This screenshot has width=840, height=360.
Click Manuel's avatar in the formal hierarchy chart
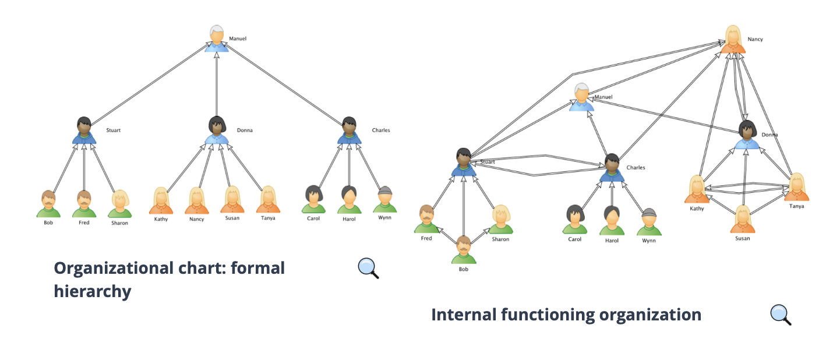(217, 38)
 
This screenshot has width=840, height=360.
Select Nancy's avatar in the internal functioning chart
(733, 40)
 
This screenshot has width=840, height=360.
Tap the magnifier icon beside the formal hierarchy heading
(368, 268)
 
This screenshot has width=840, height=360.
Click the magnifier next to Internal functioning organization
(781, 315)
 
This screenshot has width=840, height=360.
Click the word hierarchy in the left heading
(93, 291)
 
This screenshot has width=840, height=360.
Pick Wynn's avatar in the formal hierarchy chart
(384, 199)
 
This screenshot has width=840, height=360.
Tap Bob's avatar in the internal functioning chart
(464, 250)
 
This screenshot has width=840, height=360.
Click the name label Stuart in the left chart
(113, 130)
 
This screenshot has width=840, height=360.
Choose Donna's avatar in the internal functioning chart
(747, 135)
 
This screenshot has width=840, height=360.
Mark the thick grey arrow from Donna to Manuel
(217, 84)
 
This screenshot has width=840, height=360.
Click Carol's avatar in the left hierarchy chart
(313, 199)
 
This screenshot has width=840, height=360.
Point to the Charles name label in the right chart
(636, 168)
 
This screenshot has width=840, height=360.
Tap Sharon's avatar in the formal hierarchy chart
(119, 204)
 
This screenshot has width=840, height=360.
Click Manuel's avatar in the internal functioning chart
(581, 97)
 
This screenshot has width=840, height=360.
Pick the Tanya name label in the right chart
(796, 206)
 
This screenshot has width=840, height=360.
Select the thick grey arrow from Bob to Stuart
(464, 206)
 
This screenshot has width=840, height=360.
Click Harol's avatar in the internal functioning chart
(612, 221)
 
